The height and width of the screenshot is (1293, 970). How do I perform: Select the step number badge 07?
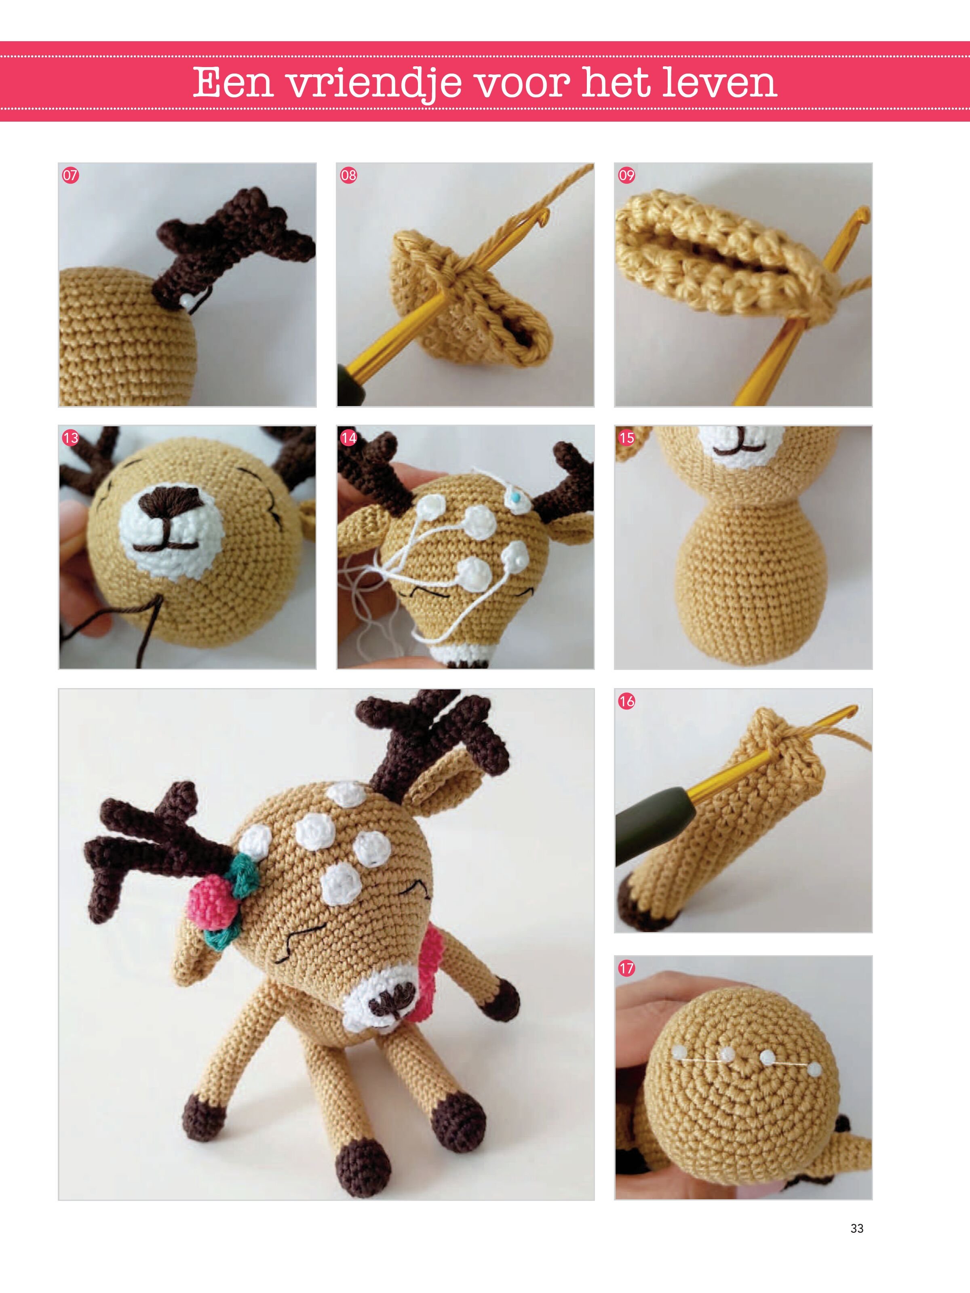[x=70, y=175]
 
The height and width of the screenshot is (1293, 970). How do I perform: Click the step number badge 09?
[x=626, y=175]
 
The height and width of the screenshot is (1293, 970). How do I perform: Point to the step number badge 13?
[x=70, y=438]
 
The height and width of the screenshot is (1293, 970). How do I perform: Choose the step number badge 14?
[x=348, y=438]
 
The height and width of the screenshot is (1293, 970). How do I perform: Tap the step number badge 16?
[x=626, y=701]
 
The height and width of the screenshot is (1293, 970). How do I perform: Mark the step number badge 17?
[x=626, y=968]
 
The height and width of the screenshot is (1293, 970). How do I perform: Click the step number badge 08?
[x=348, y=175]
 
